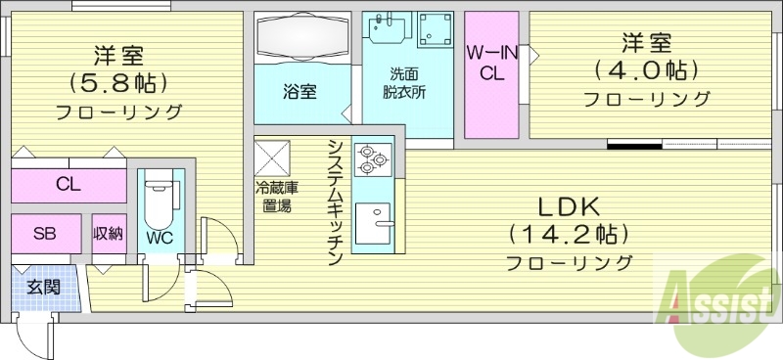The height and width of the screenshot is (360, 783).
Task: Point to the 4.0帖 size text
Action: pyautogui.click(x=647, y=70)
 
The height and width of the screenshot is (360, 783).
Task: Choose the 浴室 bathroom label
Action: pyautogui.click(x=299, y=93)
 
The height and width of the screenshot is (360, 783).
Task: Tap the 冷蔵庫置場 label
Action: pyautogui.click(x=273, y=198)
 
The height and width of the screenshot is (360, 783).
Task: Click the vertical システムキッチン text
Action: pyautogui.click(x=334, y=202)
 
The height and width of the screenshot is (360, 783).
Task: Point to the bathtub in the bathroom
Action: pyautogui.click(x=300, y=38)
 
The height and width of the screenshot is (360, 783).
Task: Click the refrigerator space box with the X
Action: pyautogui.click(x=273, y=157)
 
